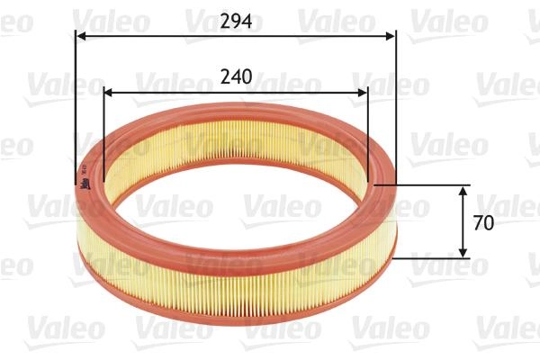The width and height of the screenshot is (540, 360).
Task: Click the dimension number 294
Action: (x=236, y=22)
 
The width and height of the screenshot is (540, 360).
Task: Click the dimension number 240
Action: (x=236, y=76)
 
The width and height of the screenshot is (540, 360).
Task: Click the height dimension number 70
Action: (x=483, y=223)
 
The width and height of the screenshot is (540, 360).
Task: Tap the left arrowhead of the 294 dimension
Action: (x=80, y=36)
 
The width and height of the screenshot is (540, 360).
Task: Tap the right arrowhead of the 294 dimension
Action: (x=391, y=36)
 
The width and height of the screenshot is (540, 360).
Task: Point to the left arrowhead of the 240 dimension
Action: (x=109, y=93)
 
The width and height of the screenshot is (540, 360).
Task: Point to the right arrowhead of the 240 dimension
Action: (x=363, y=93)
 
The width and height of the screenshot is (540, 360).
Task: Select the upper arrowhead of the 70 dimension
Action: (x=463, y=191)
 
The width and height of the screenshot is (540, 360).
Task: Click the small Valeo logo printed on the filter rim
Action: (x=85, y=184)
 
